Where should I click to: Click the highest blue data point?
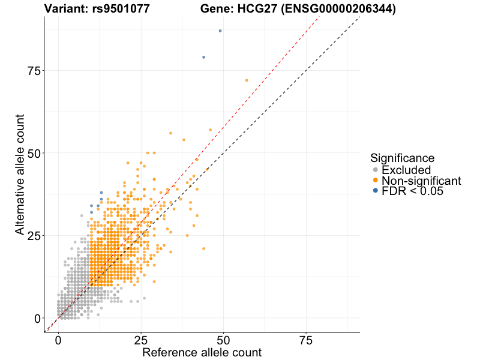220,31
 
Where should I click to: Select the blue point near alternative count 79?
204,57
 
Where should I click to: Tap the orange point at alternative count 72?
247,80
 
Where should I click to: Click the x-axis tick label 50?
223,340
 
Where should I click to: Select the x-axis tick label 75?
306,340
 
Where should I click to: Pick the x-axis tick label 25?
141,340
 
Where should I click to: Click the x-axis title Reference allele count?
202,352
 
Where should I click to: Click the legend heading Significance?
402,158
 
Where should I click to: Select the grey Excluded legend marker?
376,170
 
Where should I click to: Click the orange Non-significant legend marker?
376,181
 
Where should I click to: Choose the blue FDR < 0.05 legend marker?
376,191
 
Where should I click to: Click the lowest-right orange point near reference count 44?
203,248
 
